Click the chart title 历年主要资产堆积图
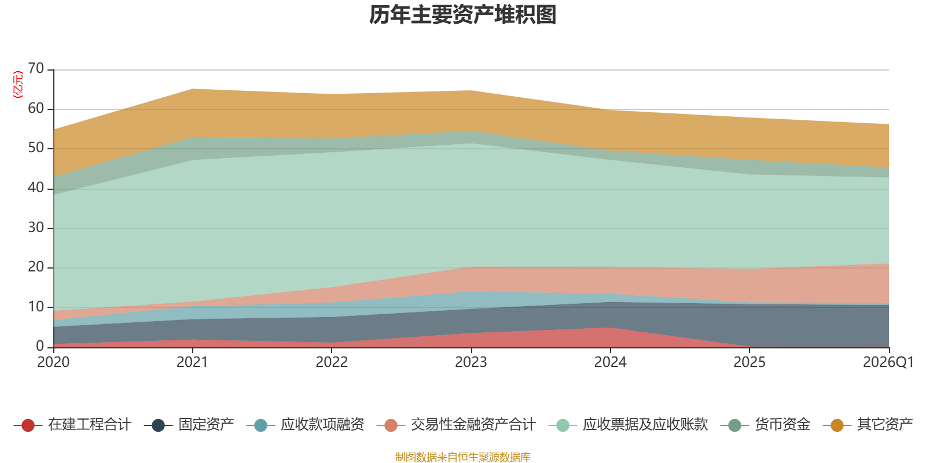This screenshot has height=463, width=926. click(x=462, y=15)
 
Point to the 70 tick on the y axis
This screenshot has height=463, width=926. click(x=36, y=68)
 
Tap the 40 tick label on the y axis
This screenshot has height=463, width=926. click(x=36, y=188)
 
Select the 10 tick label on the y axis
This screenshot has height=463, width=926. click(x=36, y=307)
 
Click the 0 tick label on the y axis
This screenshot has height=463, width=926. click(x=40, y=346)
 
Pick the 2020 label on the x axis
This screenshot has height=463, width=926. click(x=53, y=362)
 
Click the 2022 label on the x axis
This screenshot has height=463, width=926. click(x=332, y=362)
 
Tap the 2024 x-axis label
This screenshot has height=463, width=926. click(x=610, y=362)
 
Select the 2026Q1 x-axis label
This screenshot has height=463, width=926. click(x=888, y=362)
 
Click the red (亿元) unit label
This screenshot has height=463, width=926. click(x=18, y=84)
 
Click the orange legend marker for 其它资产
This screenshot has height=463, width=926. click(x=837, y=425)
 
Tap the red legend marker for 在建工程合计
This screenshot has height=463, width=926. click(x=28, y=425)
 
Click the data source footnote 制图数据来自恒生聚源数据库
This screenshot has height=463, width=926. click(x=462, y=457)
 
